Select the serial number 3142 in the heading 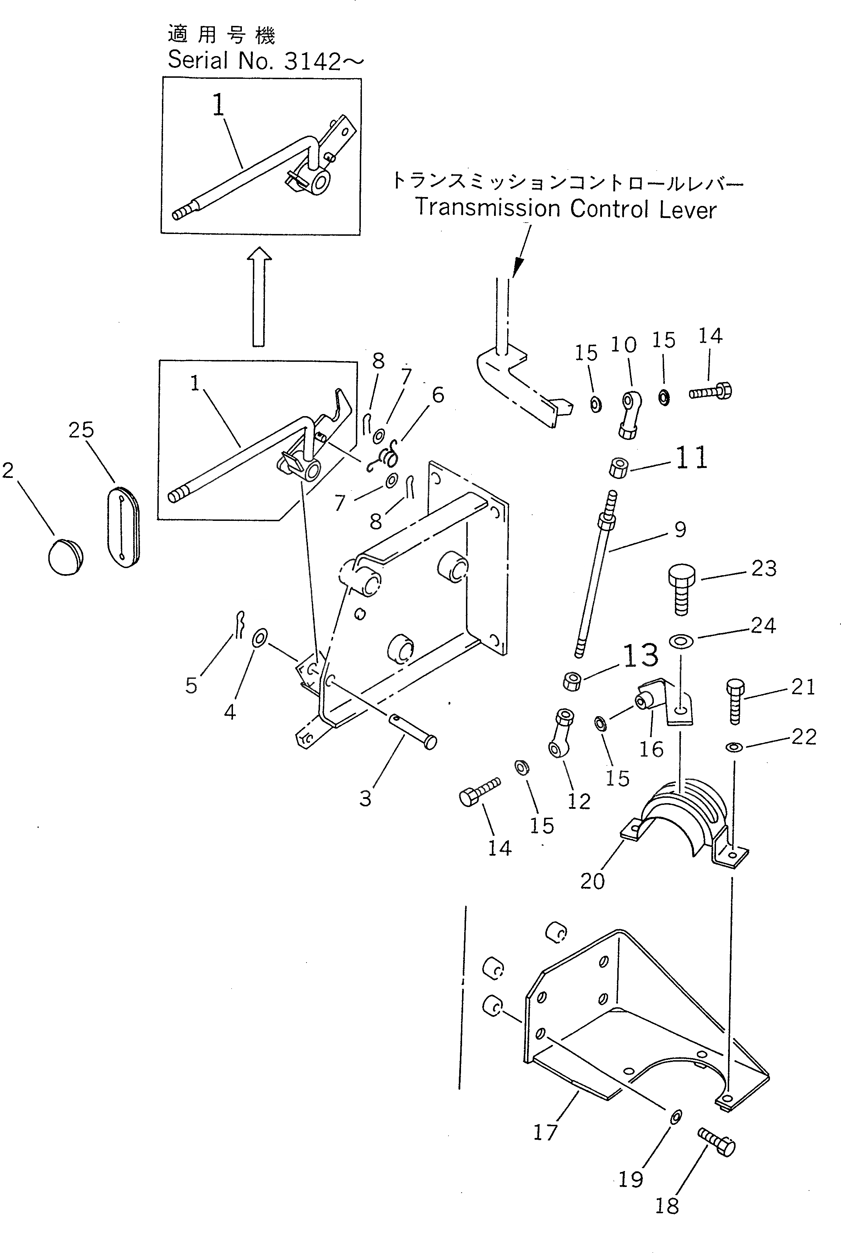(x=312, y=62)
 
